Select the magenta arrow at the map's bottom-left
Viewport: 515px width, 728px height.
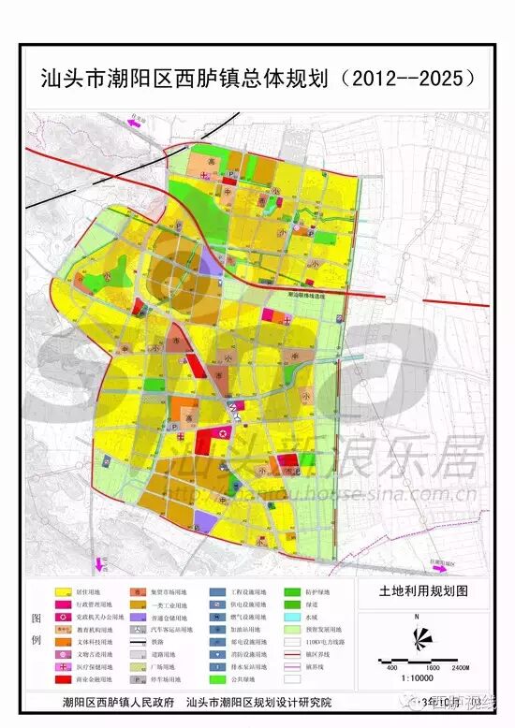[x=101, y=563]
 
